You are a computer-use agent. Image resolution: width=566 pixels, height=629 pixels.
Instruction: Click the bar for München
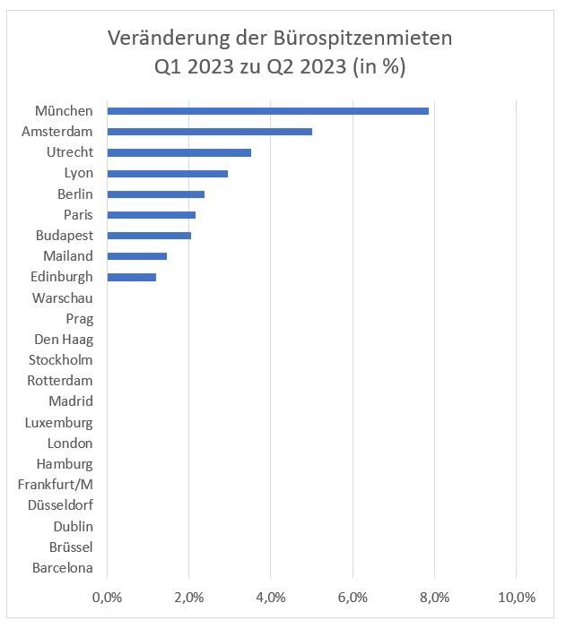[x=267, y=111]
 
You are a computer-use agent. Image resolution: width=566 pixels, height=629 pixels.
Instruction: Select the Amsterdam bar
[x=209, y=132]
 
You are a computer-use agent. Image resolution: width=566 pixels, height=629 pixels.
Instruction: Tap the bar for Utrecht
[x=179, y=152]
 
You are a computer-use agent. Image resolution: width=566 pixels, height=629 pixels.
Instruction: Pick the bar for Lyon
[x=167, y=173]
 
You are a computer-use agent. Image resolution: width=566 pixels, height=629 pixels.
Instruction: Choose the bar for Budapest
[x=149, y=236]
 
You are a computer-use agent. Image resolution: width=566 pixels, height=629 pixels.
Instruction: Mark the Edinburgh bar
[x=131, y=277]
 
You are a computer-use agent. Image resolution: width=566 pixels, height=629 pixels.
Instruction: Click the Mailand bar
[x=136, y=256]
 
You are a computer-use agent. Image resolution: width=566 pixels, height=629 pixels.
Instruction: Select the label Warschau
[x=62, y=297]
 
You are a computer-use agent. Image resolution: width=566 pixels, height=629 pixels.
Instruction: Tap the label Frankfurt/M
[x=56, y=485]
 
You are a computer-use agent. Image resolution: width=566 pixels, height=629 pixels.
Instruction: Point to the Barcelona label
[x=62, y=568]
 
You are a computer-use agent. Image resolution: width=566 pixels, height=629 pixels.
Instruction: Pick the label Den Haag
[x=64, y=340]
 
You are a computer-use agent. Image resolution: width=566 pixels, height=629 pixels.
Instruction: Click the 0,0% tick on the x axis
[x=107, y=598]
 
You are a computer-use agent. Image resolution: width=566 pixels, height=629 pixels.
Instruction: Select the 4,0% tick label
[x=271, y=598]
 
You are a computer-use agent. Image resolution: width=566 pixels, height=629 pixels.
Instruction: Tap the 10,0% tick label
[x=516, y=598]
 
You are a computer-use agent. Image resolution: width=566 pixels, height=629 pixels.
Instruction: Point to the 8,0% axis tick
[x=434, y=598]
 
